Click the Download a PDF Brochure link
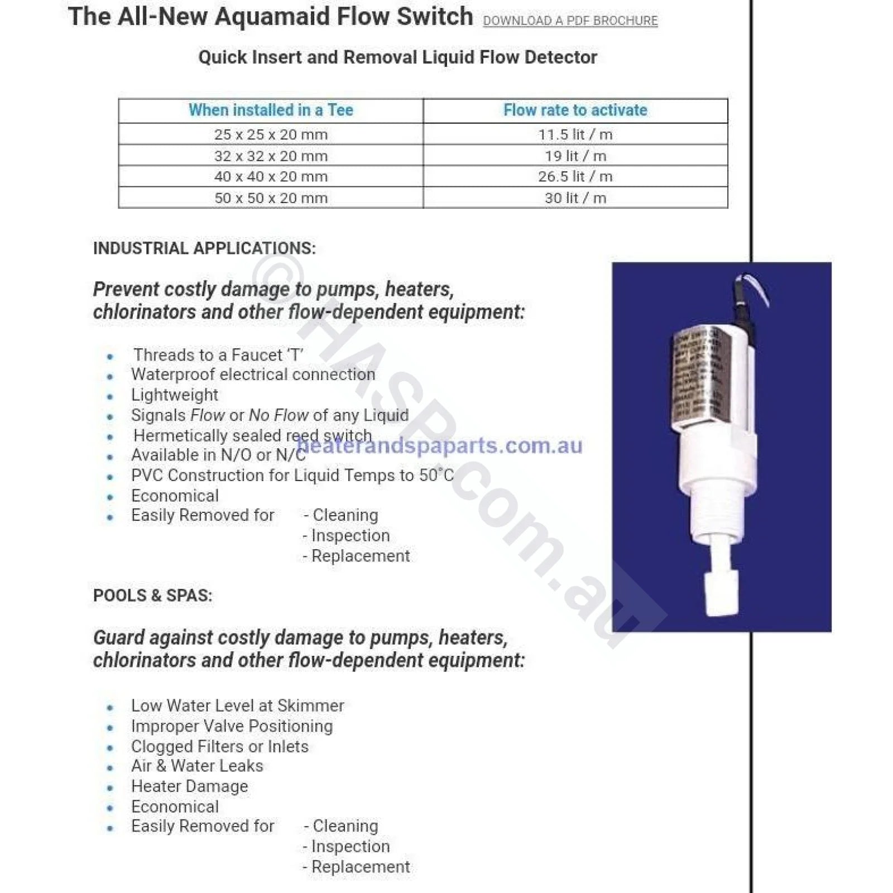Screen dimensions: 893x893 click(x=570, y=21)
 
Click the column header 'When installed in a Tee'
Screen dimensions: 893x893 click(x=271, y=110)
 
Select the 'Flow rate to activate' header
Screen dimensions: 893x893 click(x=575, y=110)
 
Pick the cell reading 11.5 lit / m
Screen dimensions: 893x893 click(x=575, y=135)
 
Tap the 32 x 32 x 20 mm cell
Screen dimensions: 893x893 click(x=271, y=156)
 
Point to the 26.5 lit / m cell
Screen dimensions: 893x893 click(x=575, y=176)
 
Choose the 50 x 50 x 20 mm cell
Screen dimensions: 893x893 click(x=271, y=198)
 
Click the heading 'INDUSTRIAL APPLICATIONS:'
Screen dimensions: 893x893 click(x=204, y=248)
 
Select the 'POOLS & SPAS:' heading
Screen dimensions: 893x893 click(x=152, y=596)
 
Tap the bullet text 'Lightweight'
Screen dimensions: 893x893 click(x=174, y=395)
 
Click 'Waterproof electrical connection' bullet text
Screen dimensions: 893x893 click(x=253, y=374)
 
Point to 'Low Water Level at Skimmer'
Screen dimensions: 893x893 click(x=237, y=705)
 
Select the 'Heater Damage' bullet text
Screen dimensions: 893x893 click(x=189, y=786)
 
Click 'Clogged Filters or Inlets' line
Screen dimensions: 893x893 click(x=219, y=746)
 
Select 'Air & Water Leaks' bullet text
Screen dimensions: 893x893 click(x=196, y=766)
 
